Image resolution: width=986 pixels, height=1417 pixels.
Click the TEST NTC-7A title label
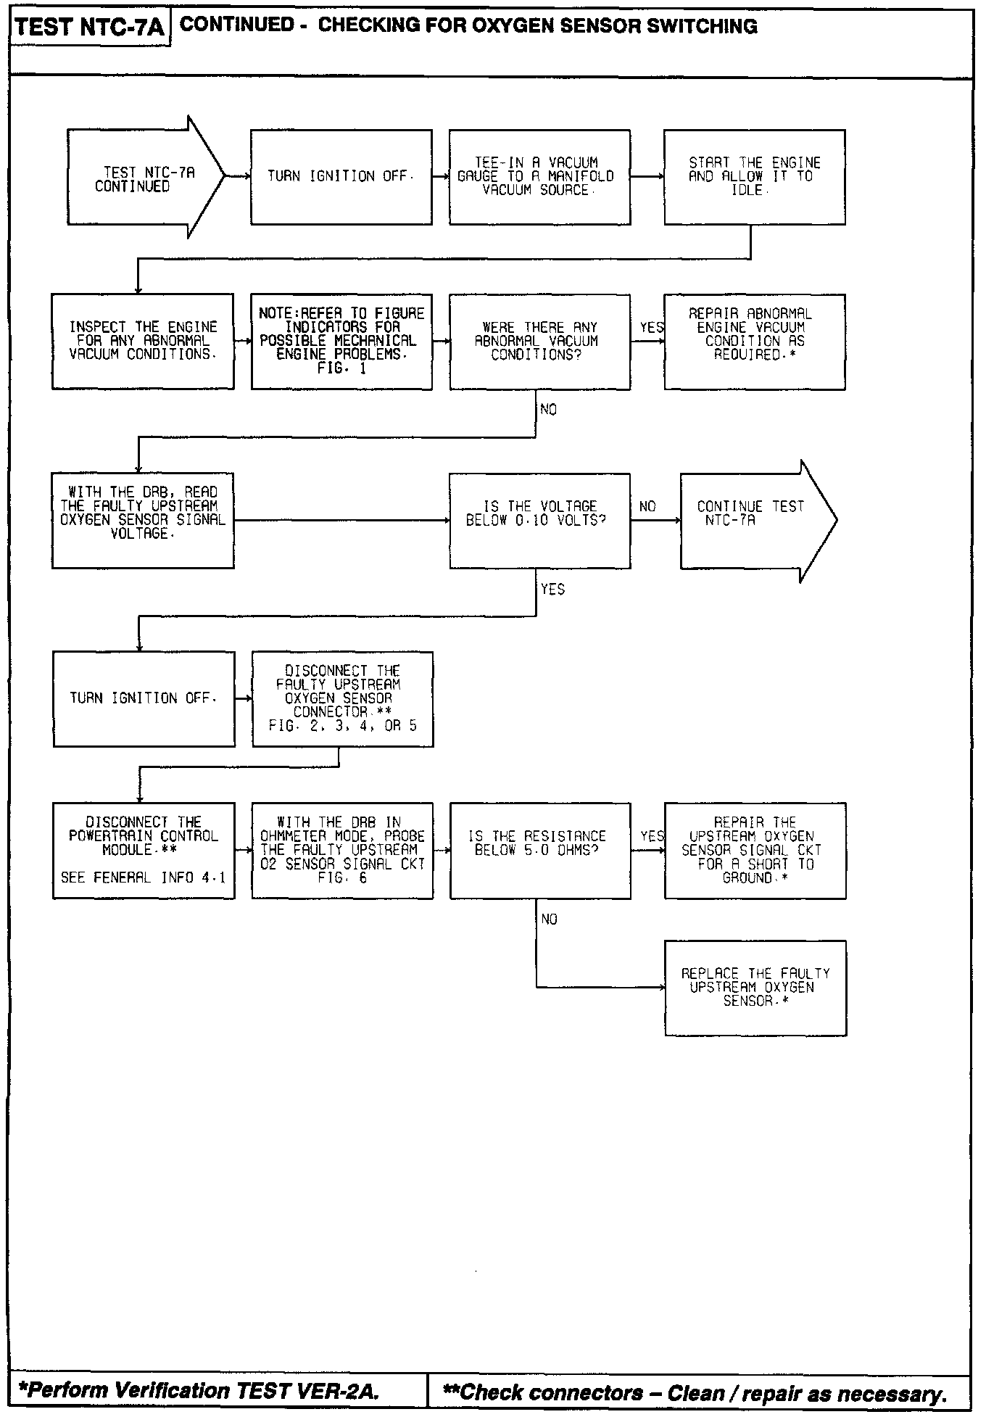(90, 28)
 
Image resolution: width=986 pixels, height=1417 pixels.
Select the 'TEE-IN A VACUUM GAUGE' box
(539, 177)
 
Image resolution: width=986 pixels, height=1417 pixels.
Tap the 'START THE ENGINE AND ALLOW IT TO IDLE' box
(754, 177)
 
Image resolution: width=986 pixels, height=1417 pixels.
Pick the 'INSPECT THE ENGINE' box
(143, 341)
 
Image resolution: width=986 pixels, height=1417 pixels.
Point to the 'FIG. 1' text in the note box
(341, 368)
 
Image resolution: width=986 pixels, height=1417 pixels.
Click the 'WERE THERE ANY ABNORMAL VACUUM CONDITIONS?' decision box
(539, 341)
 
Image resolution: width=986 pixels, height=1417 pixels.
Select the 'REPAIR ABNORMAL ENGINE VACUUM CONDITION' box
(754, 341)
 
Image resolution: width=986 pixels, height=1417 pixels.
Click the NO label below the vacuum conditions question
(549, 410)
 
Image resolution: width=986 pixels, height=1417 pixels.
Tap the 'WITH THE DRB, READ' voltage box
(143, 520)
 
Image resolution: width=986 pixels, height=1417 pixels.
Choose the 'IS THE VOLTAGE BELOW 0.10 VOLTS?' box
(539, 520)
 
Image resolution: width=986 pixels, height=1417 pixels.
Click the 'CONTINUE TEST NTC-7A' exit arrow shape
(754, 520)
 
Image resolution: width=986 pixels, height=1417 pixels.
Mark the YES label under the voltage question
(552, 589)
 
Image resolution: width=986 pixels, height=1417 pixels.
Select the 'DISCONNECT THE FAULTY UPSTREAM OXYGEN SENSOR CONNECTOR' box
(342, 698)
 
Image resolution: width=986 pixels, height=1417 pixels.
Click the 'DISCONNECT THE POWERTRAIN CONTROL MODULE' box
(144, 850)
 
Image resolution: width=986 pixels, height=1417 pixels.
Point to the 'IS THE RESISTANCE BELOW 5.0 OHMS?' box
(540, 850)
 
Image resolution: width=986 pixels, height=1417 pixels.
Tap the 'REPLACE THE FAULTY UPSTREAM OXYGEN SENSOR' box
(755, 988)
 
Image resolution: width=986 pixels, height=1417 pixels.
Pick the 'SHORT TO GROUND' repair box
(755, 850)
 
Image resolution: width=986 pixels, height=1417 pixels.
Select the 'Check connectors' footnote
(695, 1392)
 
